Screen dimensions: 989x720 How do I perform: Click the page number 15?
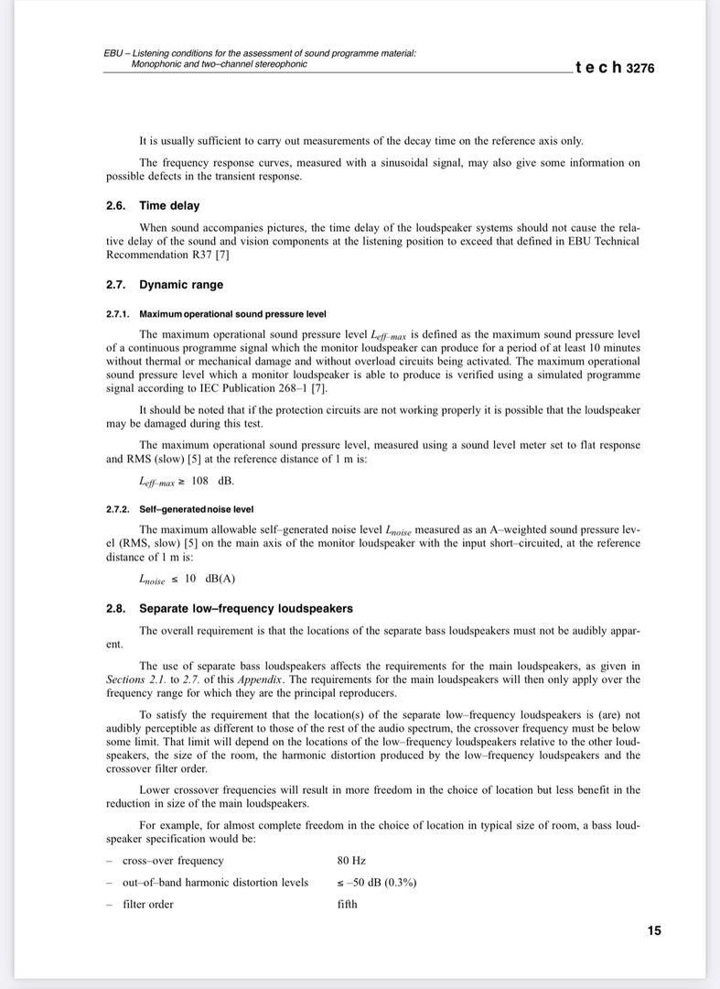(654, 930)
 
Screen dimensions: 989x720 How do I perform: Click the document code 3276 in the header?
(640, 68)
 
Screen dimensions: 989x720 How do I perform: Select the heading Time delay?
(169, 206)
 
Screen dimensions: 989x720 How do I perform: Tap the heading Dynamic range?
(181, 285)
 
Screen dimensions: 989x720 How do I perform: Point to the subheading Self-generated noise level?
(197, 509)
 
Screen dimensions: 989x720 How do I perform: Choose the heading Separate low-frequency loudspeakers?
(246, 608)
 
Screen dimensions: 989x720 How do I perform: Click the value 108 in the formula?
(200, 481)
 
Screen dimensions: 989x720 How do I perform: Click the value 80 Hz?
(351, 861)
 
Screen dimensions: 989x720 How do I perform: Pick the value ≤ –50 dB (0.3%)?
(377, 883)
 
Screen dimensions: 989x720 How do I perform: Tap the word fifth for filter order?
(348, 905)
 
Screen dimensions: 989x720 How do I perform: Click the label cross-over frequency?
(173, 861)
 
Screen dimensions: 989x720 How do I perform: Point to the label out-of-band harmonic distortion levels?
(215, 883)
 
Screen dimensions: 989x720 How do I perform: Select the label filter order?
(148, 905)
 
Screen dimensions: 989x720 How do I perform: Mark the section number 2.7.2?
(118, 509)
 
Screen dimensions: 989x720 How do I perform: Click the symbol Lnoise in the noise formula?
(152, 580)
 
